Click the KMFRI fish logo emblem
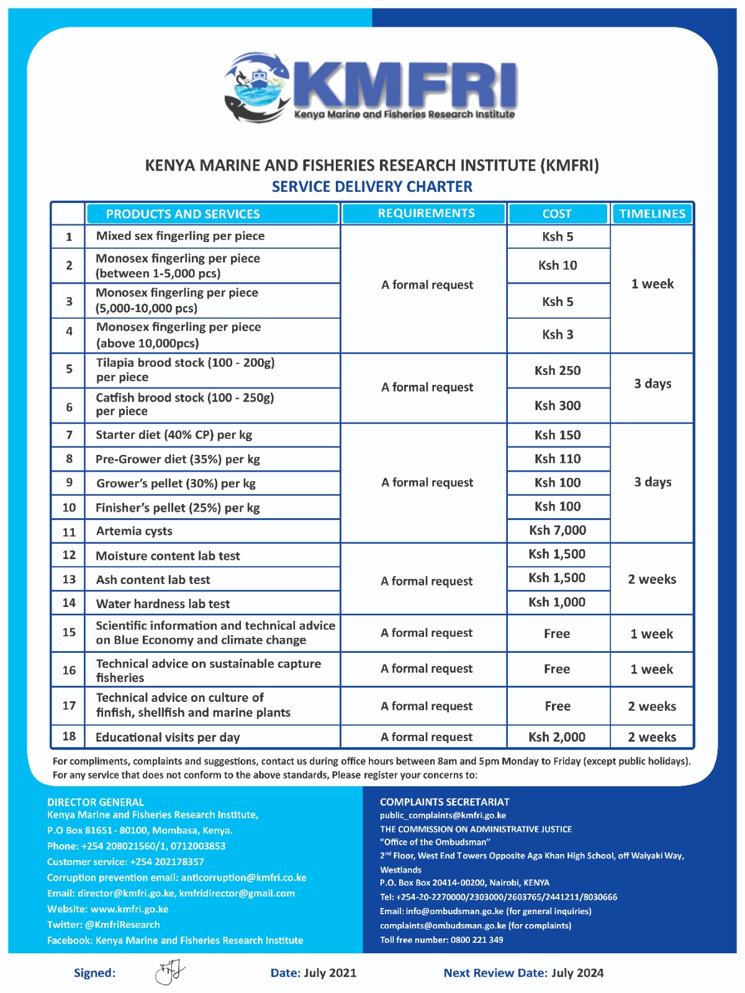pos(256,87)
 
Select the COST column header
pos(557,213)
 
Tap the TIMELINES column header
pos(652,213)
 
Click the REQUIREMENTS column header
pos(426,213)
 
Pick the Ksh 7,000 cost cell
pos(558,530)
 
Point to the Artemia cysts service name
pos(134,531)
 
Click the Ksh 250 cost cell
pos(558,371)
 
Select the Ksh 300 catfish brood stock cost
pos(558,405)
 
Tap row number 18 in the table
pos(69,736)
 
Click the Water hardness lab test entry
pos(163,603)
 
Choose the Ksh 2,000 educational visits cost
pos(557,737)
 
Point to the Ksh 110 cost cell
pos(558,459)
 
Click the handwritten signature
pos(169,972)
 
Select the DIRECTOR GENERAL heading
pos(96,802)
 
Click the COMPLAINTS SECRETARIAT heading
pos(445,802)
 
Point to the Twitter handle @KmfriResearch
pos(122,924)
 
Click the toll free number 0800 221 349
pos(477,940)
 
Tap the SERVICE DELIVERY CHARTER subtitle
pos(372,186)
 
